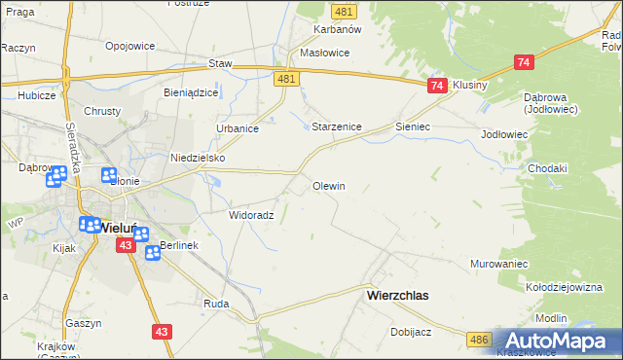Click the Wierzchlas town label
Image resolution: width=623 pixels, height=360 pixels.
[397, 294]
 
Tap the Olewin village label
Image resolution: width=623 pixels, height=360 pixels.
[329, 185]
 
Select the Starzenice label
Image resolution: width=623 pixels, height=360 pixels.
[337, 126]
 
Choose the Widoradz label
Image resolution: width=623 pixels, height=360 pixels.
[251, 215]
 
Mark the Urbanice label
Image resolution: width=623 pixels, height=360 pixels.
[237, 128]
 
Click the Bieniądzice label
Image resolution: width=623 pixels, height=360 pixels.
[191, 92]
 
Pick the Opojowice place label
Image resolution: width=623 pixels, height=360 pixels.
[131, 46]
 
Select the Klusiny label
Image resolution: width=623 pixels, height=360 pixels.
[470, 85]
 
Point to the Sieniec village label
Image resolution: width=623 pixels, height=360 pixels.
[413, 126]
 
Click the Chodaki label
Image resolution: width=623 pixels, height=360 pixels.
[547, 168]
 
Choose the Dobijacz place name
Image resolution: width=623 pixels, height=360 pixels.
[411, 331]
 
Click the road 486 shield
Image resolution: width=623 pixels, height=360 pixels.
[478, 339]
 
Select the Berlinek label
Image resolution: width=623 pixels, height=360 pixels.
[179, 245]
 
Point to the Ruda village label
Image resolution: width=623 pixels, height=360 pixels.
[216, 304]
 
